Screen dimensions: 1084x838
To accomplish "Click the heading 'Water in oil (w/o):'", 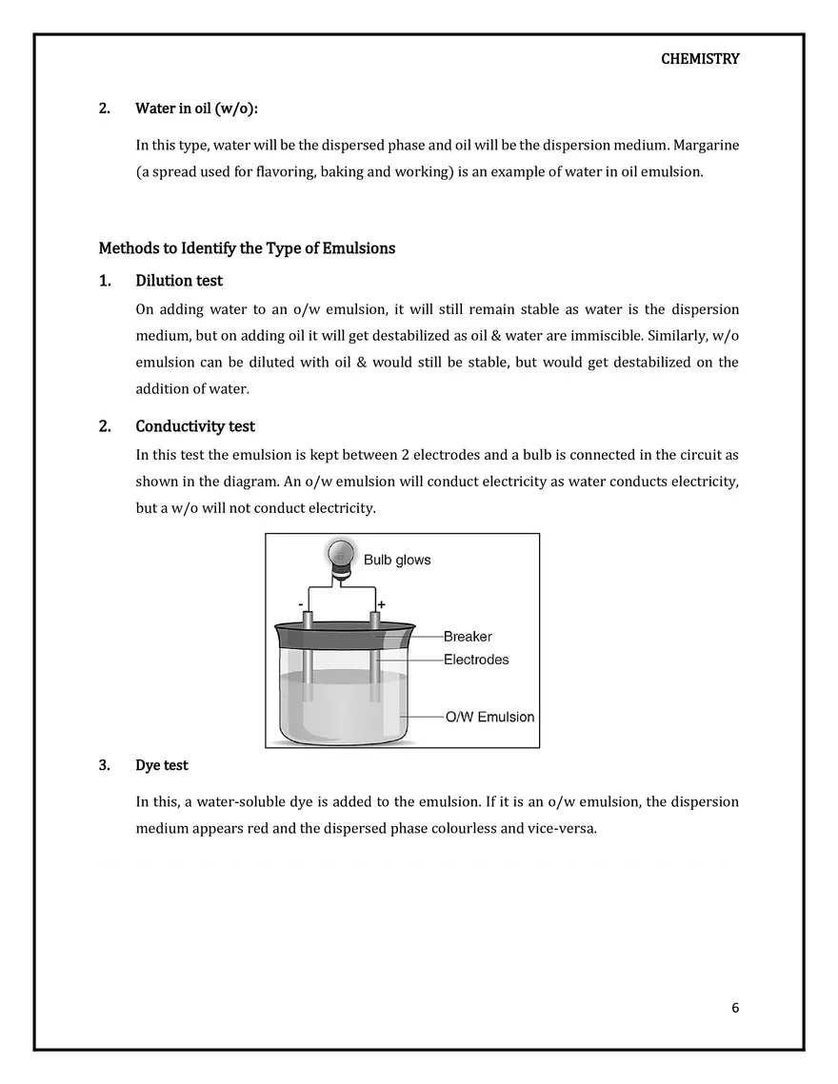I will [x=196, y=108].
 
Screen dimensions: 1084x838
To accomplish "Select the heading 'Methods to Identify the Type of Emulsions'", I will [x=247, y=248].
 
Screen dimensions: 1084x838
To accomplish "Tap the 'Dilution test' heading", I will [x=179, y=281].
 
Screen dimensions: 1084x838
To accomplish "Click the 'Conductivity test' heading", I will [x=195, y=426].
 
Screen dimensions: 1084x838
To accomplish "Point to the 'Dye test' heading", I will [x=162, y=765].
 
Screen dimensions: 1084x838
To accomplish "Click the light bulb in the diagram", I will [x=340, y=556].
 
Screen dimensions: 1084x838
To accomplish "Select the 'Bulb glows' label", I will [x=397, y=560].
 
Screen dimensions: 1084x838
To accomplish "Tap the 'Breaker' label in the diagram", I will [x=468, y=637].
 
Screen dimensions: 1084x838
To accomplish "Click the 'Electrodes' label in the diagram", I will [x=476, y=660].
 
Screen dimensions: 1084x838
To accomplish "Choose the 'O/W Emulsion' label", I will [x=490, y=717].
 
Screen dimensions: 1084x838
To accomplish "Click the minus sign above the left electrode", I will [x=301, y=604].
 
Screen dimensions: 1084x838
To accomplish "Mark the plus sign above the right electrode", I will [x=381, y=604].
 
